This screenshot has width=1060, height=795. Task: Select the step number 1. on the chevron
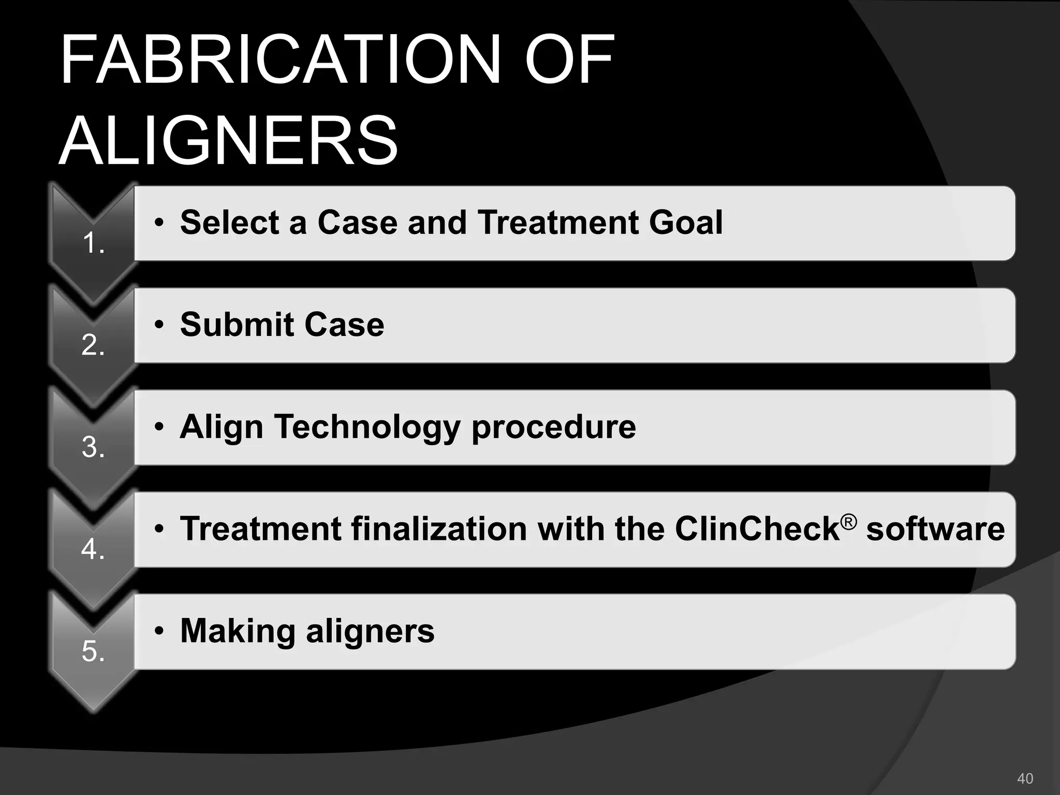tap(93, 243)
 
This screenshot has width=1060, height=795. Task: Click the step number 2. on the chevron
tap(93, 345)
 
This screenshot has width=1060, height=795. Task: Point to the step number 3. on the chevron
tap(93, 447)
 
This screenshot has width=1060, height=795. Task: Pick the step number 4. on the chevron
tap(93, 549)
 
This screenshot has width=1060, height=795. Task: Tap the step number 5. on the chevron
tap(93, 651)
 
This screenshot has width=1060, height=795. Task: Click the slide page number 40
tap(1025, 778)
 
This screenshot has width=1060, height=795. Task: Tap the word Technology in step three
tap(367, 428)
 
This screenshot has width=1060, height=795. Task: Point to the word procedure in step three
tap(554, 428)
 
